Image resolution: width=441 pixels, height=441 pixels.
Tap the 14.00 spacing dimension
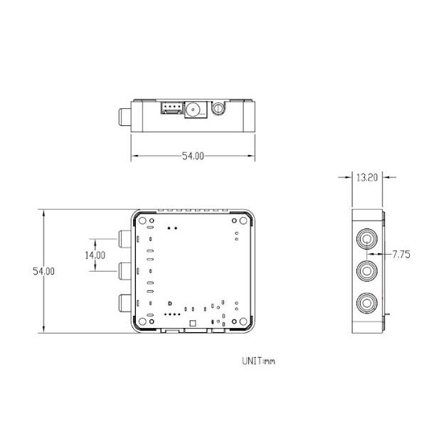(x=94, y=254)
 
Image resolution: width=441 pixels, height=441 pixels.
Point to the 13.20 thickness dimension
(x=366, y=179)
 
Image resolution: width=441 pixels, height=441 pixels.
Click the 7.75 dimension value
(x=400, y=253)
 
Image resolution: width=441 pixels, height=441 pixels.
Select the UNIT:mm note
(x=258, y=361)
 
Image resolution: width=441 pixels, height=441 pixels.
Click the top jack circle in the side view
(x=368, y=238)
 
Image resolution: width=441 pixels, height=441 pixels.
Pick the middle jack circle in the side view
(x=368, y=270)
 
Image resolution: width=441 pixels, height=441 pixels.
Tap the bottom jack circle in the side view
(x=368, y=303)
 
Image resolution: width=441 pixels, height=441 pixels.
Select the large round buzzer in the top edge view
(x=193, y=110)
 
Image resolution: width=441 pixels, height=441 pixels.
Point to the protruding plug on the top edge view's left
(x=124, y=117)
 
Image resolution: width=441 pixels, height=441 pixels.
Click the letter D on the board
(x=169, y=304)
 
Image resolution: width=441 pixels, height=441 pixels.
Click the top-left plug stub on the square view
(x=124, y=238)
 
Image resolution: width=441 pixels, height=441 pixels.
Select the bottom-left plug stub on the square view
(x=124, y=304)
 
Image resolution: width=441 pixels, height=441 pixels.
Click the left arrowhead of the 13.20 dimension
(x=353, y=179)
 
